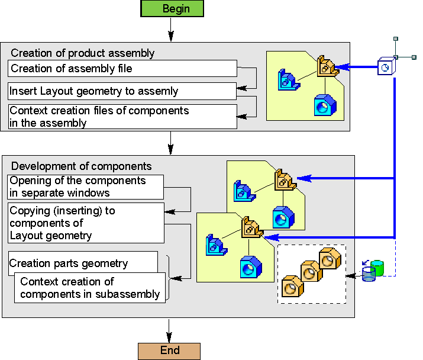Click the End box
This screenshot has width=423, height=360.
point(169,351)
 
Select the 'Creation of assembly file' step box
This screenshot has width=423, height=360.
point(122,69)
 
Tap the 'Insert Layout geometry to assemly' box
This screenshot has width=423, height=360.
point(122,91)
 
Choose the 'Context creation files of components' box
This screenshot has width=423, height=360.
point(122,117)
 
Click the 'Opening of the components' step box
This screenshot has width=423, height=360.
point(86,187)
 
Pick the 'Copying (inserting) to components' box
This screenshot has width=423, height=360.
point(86,223)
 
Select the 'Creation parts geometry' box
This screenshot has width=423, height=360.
point(83,262)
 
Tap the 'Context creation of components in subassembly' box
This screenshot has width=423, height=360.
point(90,288)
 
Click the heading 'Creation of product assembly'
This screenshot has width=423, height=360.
point(83,53)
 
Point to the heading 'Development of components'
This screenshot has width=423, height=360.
point(82,166)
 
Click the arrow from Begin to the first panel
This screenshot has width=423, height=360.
point(170,30)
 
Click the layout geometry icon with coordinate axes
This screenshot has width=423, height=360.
point(386,66)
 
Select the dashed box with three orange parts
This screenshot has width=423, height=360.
point(311,274)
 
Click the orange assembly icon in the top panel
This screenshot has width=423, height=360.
point(326,66)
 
